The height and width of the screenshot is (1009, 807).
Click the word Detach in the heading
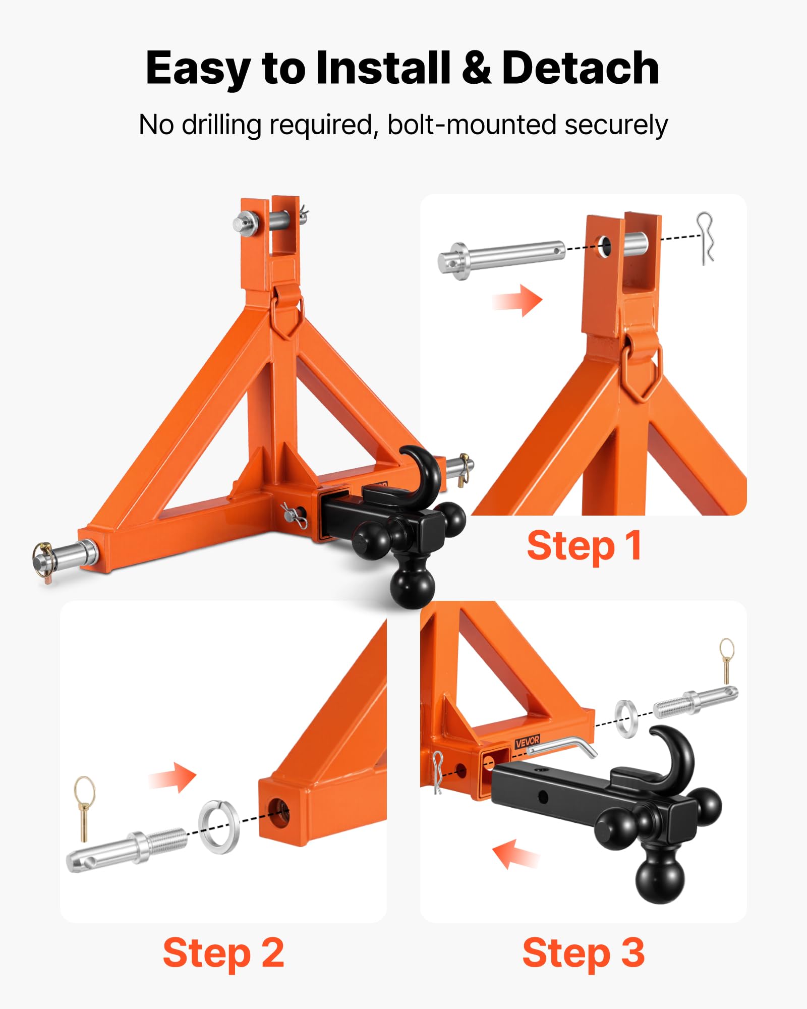coord(581,68)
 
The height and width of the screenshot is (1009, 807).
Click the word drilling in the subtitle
coord(221,125)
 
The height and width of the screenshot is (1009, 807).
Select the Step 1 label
coord(584,546)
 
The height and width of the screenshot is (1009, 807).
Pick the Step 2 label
coord(223,953)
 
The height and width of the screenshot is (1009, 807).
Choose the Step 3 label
coord(584,953)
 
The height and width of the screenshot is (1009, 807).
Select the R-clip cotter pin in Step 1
coord(706,238)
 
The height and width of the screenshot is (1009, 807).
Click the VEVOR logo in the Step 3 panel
coord(528,742)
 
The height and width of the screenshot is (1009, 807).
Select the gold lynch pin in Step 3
coord(727,660)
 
